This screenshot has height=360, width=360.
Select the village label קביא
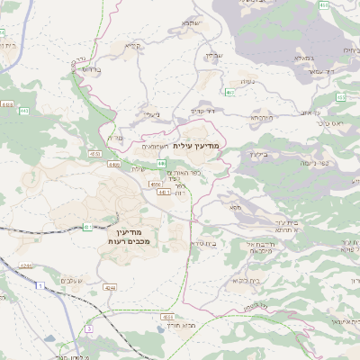pos(132,45)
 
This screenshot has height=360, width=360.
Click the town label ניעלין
pos(151,114)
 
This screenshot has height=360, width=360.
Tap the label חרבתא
pos(259,117)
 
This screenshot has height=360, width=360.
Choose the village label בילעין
pos(256,154)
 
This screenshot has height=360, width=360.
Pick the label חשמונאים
pos(156,145)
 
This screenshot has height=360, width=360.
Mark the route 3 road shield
pos(87,329)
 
